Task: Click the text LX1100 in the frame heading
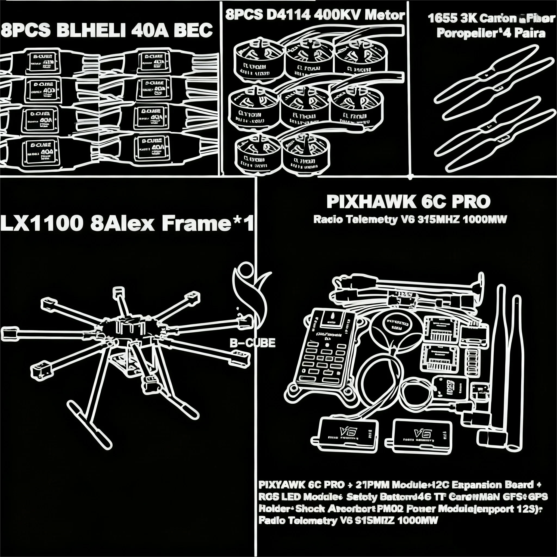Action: pyautogui.click(x=42, y=224)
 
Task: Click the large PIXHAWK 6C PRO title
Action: pyautogui.click(x=408, y=202)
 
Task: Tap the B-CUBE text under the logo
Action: pyautogui.click(x=253, y=343)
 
